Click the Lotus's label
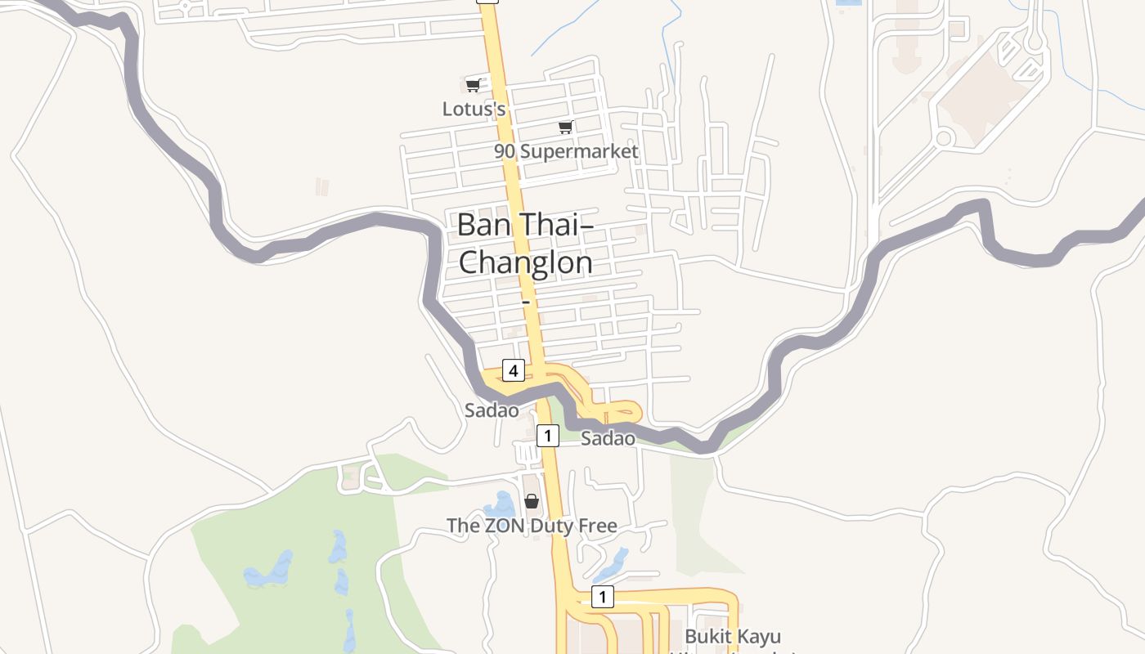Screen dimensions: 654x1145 pyautogui.click(x=474, y=109)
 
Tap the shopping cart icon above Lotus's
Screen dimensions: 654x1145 pyautogui.click(x=473, y=85)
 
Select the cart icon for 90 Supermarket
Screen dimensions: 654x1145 pyautogui.click(x=565, y=127)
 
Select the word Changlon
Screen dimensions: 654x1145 pyautogui.click(x=525, y=262)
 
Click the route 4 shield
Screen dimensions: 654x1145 pyautogui.click(x=513, y=371)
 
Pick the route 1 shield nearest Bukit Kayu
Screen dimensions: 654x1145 pyautogui.click(x=602, y=598)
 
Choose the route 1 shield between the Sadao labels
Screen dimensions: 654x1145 pyautogui.click(x=547, y=434)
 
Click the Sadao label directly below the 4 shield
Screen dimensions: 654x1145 pyautogui.click(x=492, y=410)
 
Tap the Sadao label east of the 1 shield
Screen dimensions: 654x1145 pyautogui.click(x=608, y=438)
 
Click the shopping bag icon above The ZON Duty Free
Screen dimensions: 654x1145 pyautogui.click(x=532, y=501)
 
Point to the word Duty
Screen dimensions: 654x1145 pyautogui.click(x=553, y=526)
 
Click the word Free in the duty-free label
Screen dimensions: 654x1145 pyautogui.click(x=598, y=526)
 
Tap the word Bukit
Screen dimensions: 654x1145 pyautogui.click(x=708, y=637)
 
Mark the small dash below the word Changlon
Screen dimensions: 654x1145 pyautogui.click(x=526, y=302)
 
